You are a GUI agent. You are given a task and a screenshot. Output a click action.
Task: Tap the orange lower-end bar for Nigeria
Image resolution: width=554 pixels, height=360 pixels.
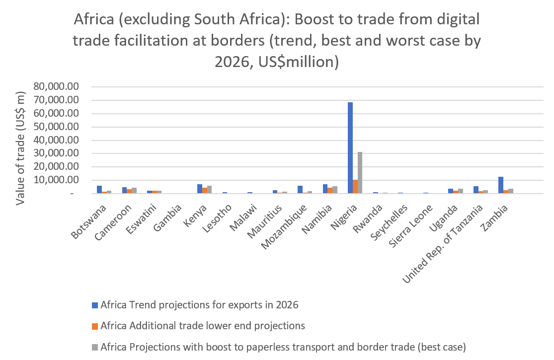click(x=355, y=187)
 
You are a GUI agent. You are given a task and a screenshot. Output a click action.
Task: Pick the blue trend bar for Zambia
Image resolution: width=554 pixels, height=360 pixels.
click(x=501, y=185)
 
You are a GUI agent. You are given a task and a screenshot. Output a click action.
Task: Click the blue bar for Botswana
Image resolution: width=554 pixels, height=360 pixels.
click(x=99, y=190)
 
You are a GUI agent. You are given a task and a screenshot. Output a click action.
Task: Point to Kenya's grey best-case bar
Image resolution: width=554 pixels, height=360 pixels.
click(x=210, y=190)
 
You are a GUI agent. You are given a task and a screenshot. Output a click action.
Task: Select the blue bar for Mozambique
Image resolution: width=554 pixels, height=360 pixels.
click(x=300, y=190)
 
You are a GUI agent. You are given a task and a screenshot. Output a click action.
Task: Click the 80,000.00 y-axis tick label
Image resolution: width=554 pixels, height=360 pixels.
click(x=56, y=87)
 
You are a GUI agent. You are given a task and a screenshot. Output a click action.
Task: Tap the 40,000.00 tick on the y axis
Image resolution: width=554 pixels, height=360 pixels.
click(x=56, y=141)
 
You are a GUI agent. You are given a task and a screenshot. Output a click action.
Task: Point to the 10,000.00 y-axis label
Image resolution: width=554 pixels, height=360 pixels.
click(x=56, y=181)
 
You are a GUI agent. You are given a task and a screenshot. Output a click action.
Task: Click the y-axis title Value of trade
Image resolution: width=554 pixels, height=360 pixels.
click(x=21, y=148)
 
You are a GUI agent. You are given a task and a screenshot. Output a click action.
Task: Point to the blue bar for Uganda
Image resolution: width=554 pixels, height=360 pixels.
click(x=450, y=191)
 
